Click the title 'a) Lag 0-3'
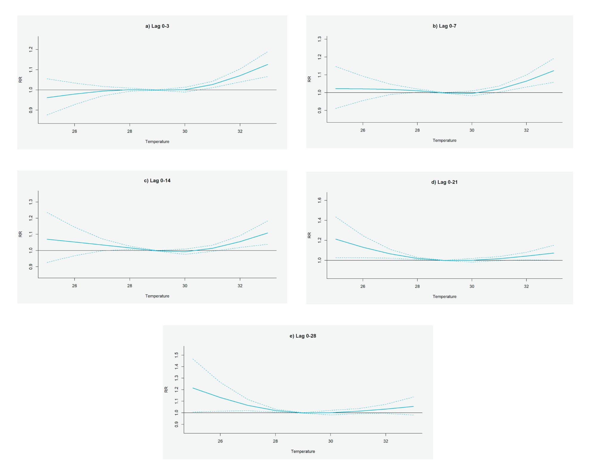click(157, 26)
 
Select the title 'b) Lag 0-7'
click(444, 26)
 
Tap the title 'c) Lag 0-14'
click(157, 181)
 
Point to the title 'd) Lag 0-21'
click(444, 182)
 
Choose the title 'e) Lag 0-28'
click(303, 336)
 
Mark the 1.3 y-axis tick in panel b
click(319, 39)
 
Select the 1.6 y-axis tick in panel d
click(319, 200)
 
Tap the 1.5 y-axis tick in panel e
click(177, 355)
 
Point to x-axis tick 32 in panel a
click(240, 131)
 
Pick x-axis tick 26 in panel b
click(363, 130)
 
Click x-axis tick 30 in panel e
click(330, 441)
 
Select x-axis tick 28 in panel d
click(417, 286)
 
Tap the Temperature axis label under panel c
click(157, 296)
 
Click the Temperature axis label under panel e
click(303, 451)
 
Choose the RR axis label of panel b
click(309, 79)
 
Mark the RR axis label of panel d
click(309, 235)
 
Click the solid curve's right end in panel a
click(268, 65)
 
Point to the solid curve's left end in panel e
click(193, 388)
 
